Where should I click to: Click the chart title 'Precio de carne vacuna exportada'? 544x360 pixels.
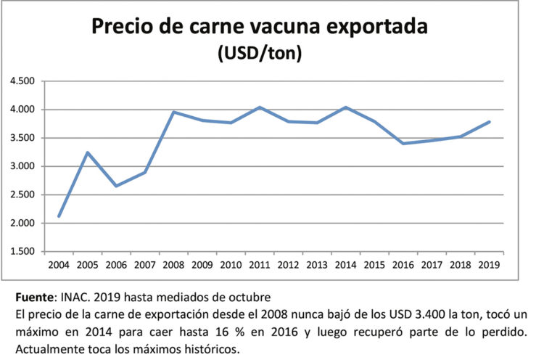259,27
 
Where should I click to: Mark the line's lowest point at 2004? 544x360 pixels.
59,216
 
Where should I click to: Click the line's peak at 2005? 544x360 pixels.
87,152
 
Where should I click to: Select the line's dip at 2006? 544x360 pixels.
116,186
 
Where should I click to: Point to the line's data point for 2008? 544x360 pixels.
173,112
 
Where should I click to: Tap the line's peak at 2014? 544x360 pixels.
346,107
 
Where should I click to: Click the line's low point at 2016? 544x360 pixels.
403,144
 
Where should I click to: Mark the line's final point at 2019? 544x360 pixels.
490,122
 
